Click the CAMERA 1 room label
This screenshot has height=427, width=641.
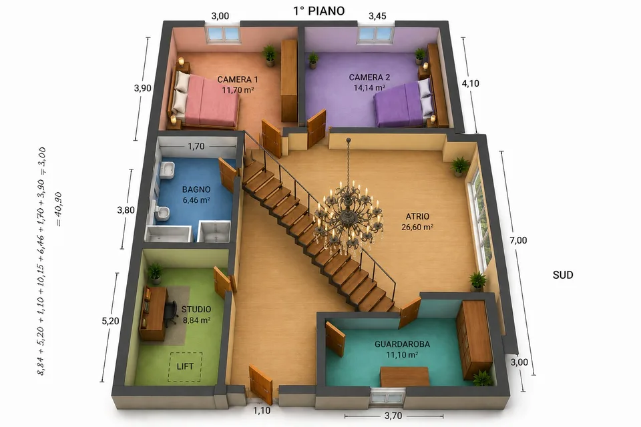pos(238,79)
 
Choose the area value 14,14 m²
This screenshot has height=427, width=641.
pos(369,88)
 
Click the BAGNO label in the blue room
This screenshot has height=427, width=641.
pos(196,189)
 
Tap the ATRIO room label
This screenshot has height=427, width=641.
pos(417,217)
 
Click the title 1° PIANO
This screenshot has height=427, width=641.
pos(319,11)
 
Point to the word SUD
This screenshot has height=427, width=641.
pos(563,275)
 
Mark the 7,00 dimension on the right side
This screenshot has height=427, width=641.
pos(518,240)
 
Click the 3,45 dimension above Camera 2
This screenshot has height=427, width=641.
pos(377,16)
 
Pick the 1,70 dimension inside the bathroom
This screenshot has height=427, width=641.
pos(196,146)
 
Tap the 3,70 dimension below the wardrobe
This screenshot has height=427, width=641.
pos(393,416)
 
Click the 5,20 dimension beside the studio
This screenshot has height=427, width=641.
pos(110,321)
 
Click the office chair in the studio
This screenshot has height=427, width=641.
pos(170,314)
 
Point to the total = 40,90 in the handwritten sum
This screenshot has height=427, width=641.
pos(59,209)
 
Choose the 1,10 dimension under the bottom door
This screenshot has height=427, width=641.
pos(262,411)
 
